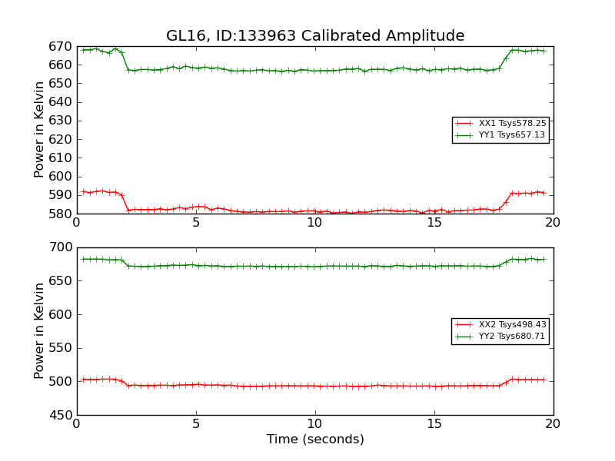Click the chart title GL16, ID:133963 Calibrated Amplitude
click(315, 36)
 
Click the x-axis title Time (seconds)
click(315, 439)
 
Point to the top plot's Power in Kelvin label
click(40, 130)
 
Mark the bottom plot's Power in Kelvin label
click(40, 331)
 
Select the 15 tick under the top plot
click(434, 223)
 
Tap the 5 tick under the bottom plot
click(196, 424)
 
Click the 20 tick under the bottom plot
click(553, 424)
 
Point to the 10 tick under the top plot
click(315, 223)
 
